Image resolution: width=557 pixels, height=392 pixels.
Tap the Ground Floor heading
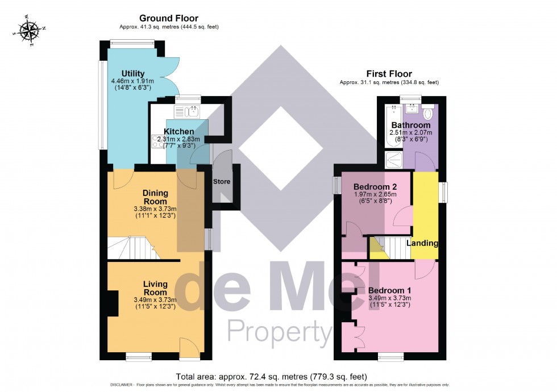(x=169, y=18)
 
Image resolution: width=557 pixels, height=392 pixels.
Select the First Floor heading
(x=389, y=74)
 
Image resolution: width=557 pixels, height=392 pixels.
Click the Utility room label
(x=133, y=74)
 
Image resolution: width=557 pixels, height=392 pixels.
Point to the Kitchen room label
(x=179, y=132)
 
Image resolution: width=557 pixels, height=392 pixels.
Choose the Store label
(x=221, y=182)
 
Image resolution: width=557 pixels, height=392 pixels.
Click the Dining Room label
(x=155, y=197)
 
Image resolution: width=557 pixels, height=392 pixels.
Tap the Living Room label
(x=155, y=288)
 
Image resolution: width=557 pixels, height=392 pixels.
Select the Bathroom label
(x=410, y=125)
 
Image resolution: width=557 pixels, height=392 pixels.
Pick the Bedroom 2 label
(x=375, y=187)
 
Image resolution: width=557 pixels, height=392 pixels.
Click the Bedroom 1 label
(x=390, y=290)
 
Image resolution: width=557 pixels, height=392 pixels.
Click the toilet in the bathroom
(x=427, y=109)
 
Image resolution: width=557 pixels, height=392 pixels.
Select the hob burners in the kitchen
(x=158, y=141)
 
